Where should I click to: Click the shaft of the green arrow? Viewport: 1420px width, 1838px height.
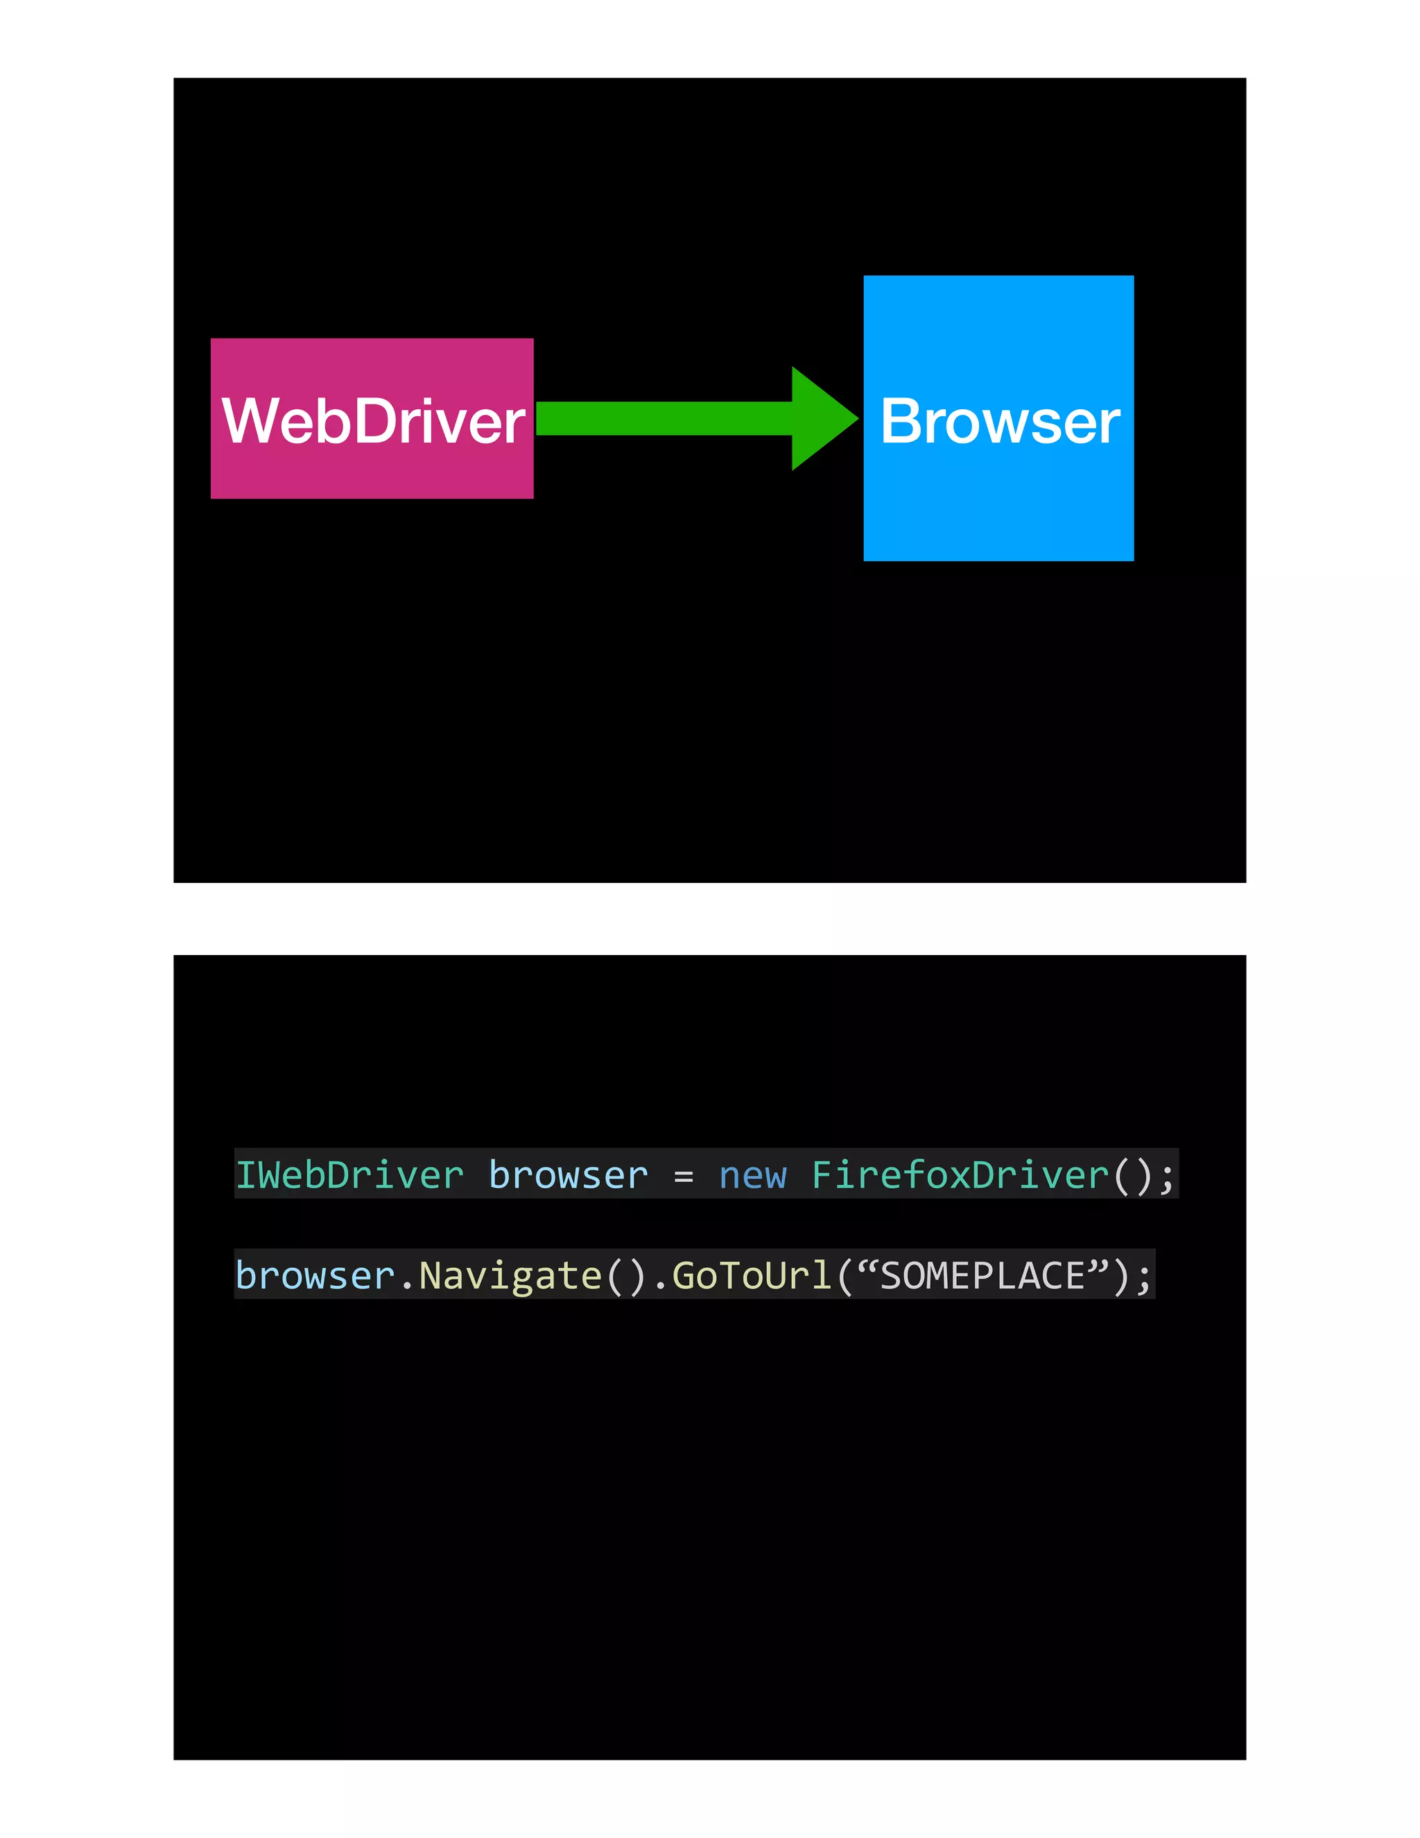[x=664, y=418]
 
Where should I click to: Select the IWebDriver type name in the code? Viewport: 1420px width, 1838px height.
[x=349, y=1176]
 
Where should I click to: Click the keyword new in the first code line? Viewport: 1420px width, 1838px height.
[x=753, y=1176]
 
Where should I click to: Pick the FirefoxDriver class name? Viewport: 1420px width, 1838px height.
[x=960, y=1176]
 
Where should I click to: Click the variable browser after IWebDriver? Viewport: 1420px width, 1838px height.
[x=569, y=1176]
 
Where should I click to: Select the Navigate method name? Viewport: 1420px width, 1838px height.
[x=510, y=1276]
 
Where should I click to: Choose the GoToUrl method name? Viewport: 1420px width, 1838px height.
[x=752, y=1276]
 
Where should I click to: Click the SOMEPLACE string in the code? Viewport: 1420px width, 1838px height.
[x=982, y=1276]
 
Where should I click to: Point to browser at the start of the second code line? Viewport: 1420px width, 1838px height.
[x=315, y=1276]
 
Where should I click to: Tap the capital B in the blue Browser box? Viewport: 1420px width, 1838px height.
[x=901, y=421]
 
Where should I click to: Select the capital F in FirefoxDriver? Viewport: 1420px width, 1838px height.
[x=822, y=1176]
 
